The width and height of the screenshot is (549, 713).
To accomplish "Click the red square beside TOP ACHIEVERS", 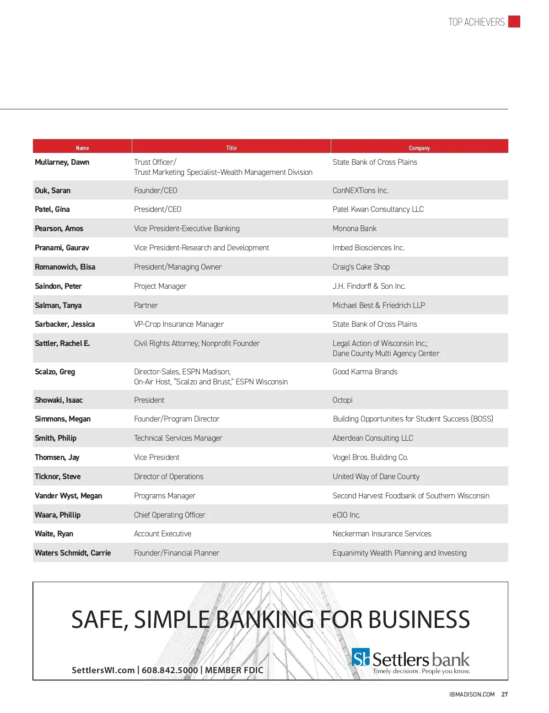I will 514,22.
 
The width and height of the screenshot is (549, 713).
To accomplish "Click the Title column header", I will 231,148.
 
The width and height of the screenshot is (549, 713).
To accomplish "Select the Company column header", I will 419,148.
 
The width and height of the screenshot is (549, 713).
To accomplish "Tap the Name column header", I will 82,148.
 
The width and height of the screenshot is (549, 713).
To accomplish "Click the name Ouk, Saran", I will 53,190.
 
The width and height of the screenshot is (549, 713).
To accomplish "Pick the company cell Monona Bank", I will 355,228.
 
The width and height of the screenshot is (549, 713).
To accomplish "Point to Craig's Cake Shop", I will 361,267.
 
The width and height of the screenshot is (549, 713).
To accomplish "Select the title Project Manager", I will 160,286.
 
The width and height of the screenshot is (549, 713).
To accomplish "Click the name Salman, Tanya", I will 58,305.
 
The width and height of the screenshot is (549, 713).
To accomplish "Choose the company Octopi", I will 342,400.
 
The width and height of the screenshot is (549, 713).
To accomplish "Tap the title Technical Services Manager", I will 178,438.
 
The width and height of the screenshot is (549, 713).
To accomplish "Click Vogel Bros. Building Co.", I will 370,457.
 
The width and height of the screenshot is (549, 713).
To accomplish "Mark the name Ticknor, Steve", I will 58,476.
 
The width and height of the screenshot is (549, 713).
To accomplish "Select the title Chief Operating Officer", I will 169,515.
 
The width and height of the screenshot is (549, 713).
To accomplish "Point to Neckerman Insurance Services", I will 382,534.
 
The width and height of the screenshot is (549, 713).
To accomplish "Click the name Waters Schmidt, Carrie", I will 73,553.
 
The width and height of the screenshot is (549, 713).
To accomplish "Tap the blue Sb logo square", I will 361,658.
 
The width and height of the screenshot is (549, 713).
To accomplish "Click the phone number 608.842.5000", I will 170,670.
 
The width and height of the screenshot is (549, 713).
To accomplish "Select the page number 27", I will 505,694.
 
